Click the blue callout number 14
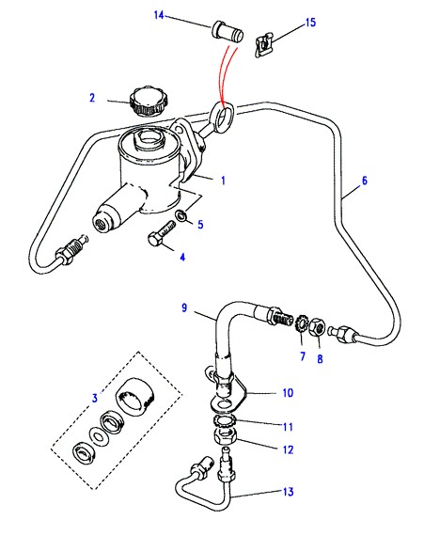[x=159, y=15]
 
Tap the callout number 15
[x=310, y=23]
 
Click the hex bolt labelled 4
[x=162, y=233]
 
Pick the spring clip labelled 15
[x=264, y=44]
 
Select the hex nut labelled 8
[x=317, y=325]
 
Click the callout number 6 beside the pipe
[x=365, y=181]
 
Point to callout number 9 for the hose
[x=184, y=307]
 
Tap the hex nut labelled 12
[x=226, y=436]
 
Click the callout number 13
[x=289, y=492]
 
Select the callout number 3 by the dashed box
[x=95, y=398]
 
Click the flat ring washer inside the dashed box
[x=99, y=436]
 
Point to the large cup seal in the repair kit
[x=135, y=396]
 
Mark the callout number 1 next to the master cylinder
[x=224, y=181]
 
